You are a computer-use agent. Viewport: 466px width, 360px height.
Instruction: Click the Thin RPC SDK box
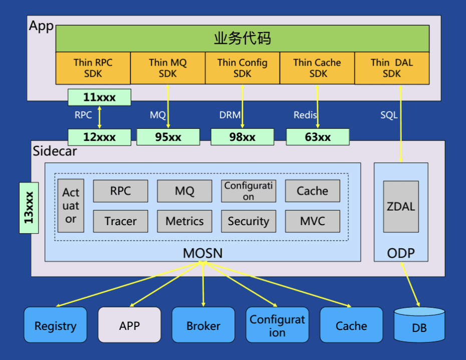pyautogui.click(x=93, y=68)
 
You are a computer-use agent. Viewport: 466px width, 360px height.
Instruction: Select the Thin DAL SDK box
pyautogui.click(x=392, y=68)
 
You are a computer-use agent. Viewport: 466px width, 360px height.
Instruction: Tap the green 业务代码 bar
pyautogui.click(x=243, y=39)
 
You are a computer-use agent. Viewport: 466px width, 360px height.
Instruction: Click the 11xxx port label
pyautogui.click(x=99, y=97)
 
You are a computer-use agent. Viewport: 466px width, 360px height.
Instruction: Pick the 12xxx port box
pyautogui.click(x=99, y=137)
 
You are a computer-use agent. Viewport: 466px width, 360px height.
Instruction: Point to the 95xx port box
pyautogui.click(x=168, y=137)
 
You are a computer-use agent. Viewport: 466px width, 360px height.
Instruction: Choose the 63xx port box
pyautogui.click(x=318, y=137)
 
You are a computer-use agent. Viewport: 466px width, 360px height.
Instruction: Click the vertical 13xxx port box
pyautogui.click(x=29, y=208)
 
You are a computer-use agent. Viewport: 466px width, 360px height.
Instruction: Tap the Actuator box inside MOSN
pyautogui.click(x=71, y=206)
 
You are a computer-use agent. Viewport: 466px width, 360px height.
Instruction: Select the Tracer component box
pyautogui.click(x=120, y=221)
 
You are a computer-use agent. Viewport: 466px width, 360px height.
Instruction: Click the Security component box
pyautogui.click(x=249, y=221)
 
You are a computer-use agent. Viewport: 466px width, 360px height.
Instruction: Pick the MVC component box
pyautogui.click(x=313, y=221)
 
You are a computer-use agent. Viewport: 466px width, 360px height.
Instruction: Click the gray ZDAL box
pyautogui.click(x=401, y=207)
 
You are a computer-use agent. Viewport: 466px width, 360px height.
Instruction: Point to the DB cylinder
pyautogui.click(x=419, y=324)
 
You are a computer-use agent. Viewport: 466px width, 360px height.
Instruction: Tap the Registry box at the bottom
pyautogui.click(x=56, y=325)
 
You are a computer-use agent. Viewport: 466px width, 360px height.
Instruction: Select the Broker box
pyautogui.click(x=203, y=325)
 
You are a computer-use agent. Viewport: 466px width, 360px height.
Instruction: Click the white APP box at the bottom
pyautogui.click(x=130, y=325)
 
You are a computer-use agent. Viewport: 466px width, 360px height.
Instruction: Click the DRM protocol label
pyautogui.click(x=229, y=115)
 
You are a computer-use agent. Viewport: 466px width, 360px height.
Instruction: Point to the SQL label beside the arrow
pyautogui.click(x=389, y=115)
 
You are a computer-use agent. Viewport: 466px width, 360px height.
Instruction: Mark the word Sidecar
pyautogui.click(x=55, y=151)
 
